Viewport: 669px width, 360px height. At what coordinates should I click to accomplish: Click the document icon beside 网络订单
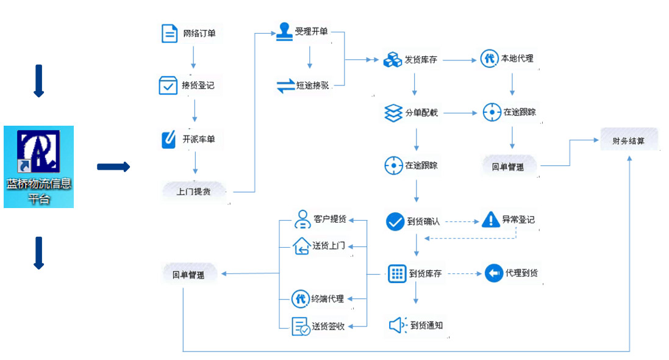[x=170, y=34]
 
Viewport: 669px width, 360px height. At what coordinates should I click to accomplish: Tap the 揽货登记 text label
[x=198, y=85]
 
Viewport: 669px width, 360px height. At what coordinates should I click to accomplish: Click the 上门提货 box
[x=193, y=192]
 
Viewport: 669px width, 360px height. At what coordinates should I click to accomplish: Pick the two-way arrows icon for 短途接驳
[x=285, y=85]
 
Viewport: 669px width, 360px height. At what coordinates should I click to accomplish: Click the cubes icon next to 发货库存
[x=392, y=60]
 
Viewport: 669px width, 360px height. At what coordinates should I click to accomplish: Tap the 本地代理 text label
[x=517, y=59]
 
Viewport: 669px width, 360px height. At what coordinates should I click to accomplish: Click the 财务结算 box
[x=628, y=141]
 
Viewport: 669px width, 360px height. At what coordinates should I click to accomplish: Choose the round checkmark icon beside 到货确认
[x=395, y=221]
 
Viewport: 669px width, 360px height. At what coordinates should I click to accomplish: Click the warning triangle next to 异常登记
[x=490, y=220]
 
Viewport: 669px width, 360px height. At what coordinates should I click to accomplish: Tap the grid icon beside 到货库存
[x=397, y=273]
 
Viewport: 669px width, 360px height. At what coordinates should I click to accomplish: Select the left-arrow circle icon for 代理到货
[x=493, y=273]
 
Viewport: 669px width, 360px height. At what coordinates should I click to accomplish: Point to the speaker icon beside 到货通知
[x=397, y=326]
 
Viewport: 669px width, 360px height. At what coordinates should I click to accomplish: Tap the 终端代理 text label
[x=327, y=299]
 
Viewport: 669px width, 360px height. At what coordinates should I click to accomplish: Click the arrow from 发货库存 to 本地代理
[x=459, y=60]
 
